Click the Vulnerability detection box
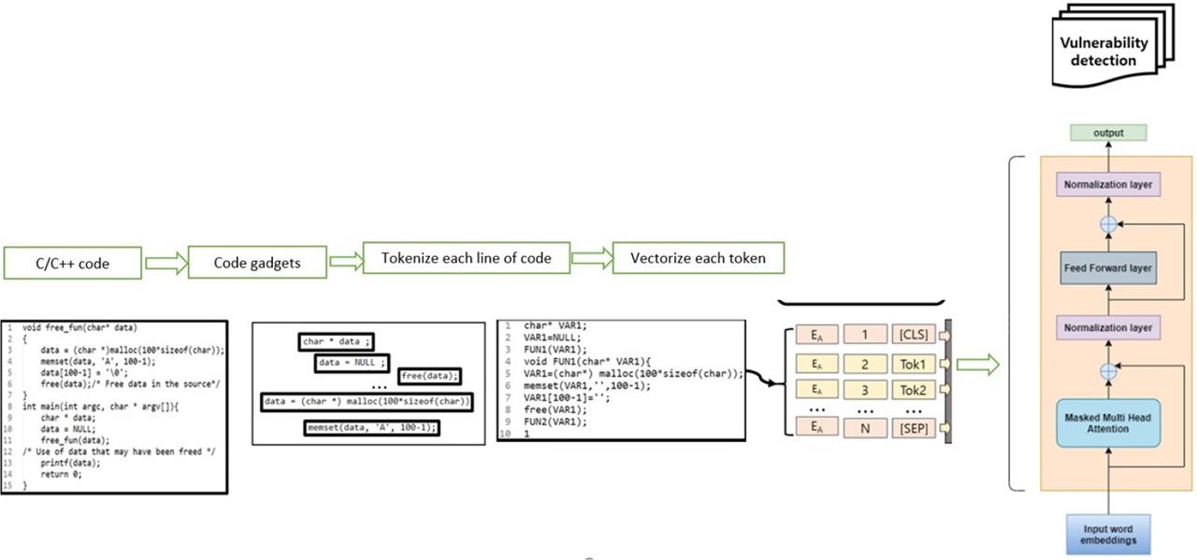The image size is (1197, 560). point(1103,52)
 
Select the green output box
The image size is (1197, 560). point(1107,134)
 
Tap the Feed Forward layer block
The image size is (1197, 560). point(1107,268)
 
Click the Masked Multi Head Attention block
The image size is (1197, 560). point(1107,422)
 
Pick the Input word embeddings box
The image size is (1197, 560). point(1107,533)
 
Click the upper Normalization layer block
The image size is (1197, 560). point(1107,184)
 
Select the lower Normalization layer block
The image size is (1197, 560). point(1107,327)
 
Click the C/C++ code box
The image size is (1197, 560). point(72,263)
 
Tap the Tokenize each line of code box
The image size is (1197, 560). point(466,258)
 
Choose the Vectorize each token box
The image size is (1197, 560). point(698,258)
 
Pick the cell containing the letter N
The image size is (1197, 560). point(864,427)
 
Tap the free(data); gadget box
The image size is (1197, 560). point(430,376)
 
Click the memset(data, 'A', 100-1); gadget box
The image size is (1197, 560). point(372,428)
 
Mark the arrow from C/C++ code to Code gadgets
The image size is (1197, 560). point(166,263)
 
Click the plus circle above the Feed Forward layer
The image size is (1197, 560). point(1108,224)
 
